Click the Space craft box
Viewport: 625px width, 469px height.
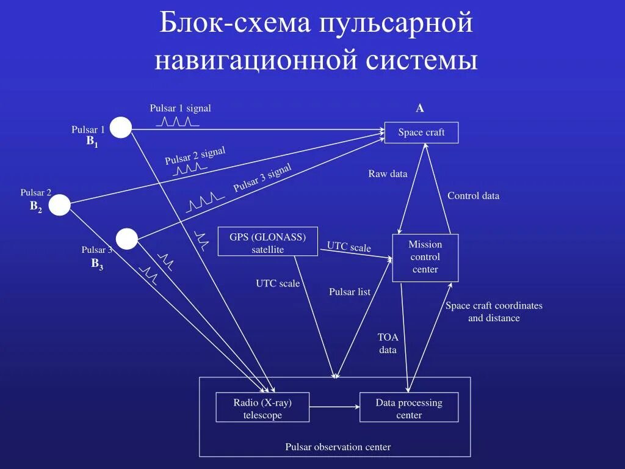click(421, 133)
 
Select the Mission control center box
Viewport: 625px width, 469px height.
click(425, 257)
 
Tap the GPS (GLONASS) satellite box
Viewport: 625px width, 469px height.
click(267, 241)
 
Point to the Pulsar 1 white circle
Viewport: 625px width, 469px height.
click(121, 128)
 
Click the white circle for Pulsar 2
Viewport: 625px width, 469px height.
click(60, 205)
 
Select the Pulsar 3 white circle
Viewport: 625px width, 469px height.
click(127, 239)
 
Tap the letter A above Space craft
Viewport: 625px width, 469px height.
click(420, 109)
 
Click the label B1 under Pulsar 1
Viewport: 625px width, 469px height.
click(92, 142)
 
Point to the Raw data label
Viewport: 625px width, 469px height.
click(388, 174)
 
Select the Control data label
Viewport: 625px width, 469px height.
click(473, 196)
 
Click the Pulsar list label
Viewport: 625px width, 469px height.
click(350, 292)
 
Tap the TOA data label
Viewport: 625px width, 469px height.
click(388, 343)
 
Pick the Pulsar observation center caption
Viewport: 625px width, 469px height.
click(338, 447)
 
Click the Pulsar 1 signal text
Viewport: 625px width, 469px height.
click(180, 108)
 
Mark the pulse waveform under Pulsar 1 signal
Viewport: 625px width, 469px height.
click(178, 121)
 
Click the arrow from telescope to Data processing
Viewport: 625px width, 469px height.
click(334, 406)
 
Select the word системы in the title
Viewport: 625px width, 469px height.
click(422, 61)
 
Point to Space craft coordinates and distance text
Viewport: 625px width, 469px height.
click(494, 311)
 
